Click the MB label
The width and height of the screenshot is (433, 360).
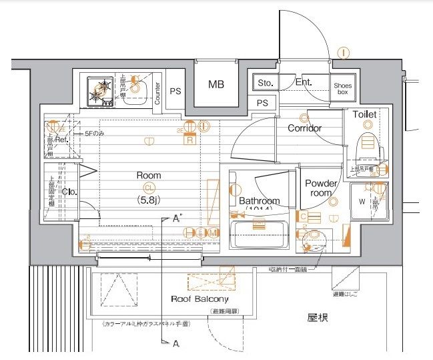click(x=215, y=84)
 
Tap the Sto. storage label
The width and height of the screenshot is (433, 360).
click(x=266, y=83)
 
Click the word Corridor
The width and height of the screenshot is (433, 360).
click(x=304, y=128)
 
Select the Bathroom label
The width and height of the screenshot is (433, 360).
click(x=260, y=200)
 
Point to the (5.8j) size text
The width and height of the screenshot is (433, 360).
click(x=148, y=199)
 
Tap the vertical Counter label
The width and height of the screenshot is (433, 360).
click(x=157, y=93)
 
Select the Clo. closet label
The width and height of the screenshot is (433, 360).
click(x=69, y=192)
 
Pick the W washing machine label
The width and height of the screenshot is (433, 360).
click(x=363, y=201)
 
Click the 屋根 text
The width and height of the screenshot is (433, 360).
click(x=317, y=318)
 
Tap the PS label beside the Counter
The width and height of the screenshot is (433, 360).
click(x=175, y=92)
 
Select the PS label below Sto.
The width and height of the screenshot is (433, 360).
click(x=262, y=103)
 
